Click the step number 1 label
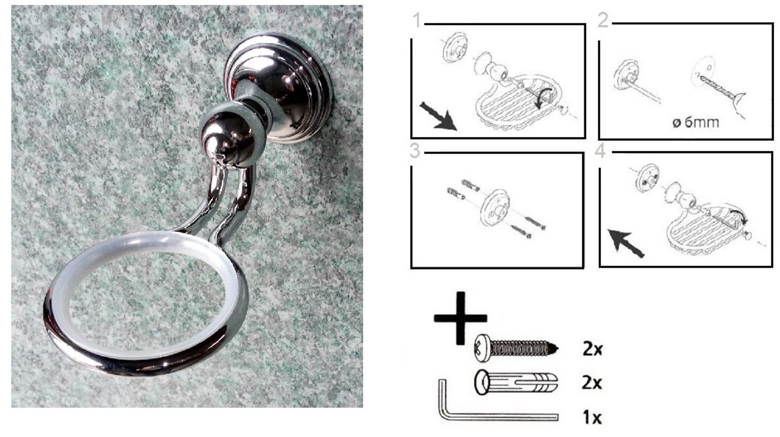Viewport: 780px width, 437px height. (x=416, y=20)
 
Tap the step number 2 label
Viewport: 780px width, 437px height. (x=603, y=20)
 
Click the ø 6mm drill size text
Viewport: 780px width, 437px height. (x=695, y=122)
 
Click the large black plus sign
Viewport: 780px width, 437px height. (x=460, y=318)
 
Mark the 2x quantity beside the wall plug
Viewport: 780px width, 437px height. (x=592, y=383)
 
